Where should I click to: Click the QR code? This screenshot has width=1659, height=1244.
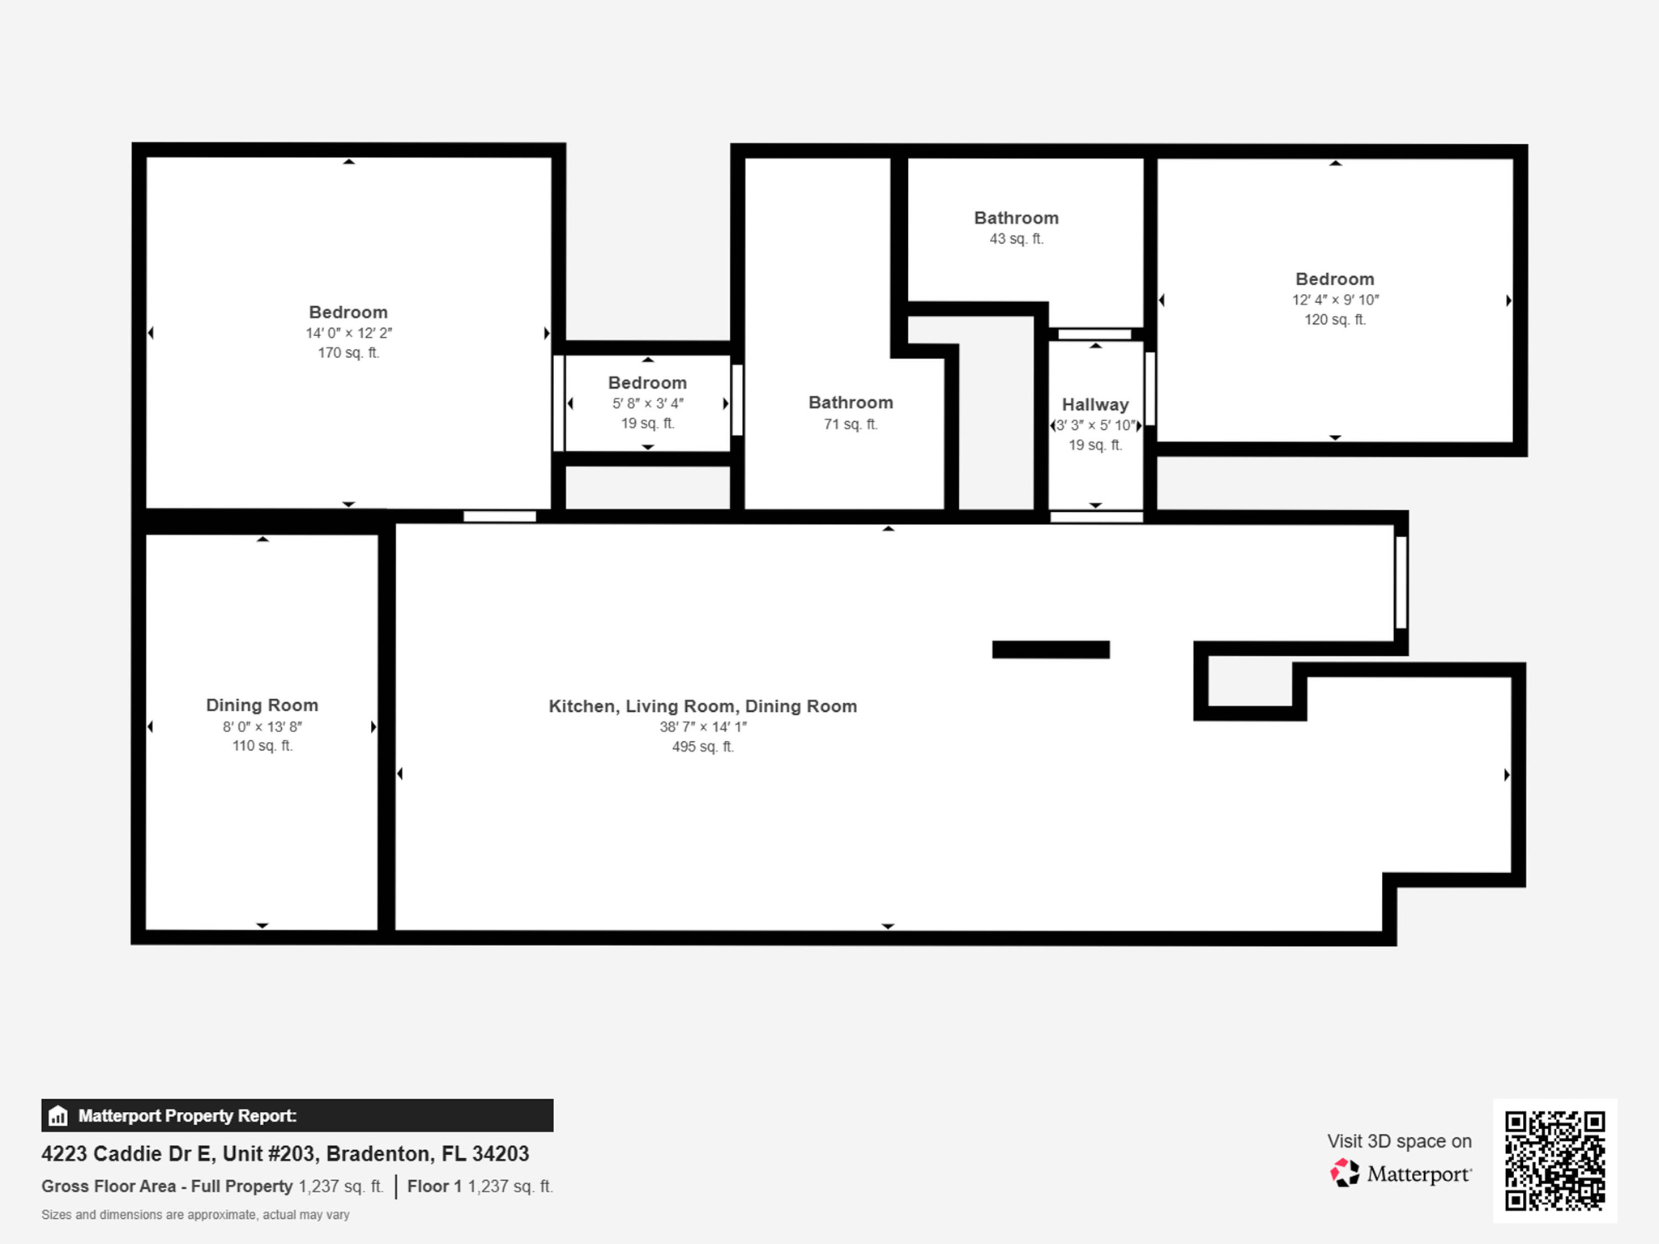point(1555,1161)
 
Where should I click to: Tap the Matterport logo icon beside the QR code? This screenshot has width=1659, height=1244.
point(1345,1173)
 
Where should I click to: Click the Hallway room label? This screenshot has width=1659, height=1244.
point(1095,404)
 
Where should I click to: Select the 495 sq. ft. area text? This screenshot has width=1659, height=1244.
point(703,747)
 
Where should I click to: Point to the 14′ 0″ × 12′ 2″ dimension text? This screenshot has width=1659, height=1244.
point(348,333)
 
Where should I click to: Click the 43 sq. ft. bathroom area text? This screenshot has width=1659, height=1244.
point(1016,239)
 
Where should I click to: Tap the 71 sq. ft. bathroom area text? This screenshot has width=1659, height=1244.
point(851,424)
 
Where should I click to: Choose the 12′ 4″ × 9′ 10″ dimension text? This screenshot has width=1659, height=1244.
point(1335,300)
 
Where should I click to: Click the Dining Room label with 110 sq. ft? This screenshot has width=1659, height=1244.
point(262,705)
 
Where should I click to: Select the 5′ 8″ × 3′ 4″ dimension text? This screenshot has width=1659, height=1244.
point(647,403)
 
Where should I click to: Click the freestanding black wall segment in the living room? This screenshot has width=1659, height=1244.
point(1051,650)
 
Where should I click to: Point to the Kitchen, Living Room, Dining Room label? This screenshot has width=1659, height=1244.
point(702,706)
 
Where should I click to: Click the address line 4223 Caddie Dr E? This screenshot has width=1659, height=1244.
point(285,1153)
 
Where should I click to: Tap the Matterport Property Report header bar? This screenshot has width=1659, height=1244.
point(297,1115)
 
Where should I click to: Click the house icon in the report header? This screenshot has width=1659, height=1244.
point(58,1115)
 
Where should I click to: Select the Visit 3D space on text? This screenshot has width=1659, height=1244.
point(1399,1141)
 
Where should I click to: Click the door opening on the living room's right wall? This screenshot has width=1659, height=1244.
point(1401,582)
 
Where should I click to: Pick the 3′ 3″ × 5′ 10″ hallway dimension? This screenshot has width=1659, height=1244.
point(1095,425)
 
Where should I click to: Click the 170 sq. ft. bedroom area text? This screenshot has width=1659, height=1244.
point(348,353)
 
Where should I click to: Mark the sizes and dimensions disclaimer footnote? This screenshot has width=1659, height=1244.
point(195,1215)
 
